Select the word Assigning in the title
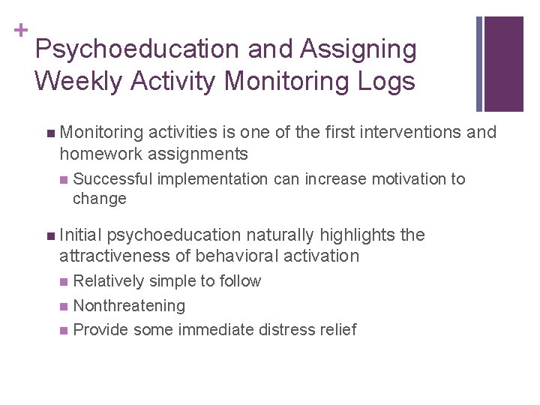point(358,49)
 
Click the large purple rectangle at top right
point(504,64)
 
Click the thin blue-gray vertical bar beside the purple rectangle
point(480,64)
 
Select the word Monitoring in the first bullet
point(102,133)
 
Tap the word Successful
point(113,179)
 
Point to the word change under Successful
point(100,199)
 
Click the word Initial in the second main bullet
point(81,235)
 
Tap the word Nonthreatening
point(129,306)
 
